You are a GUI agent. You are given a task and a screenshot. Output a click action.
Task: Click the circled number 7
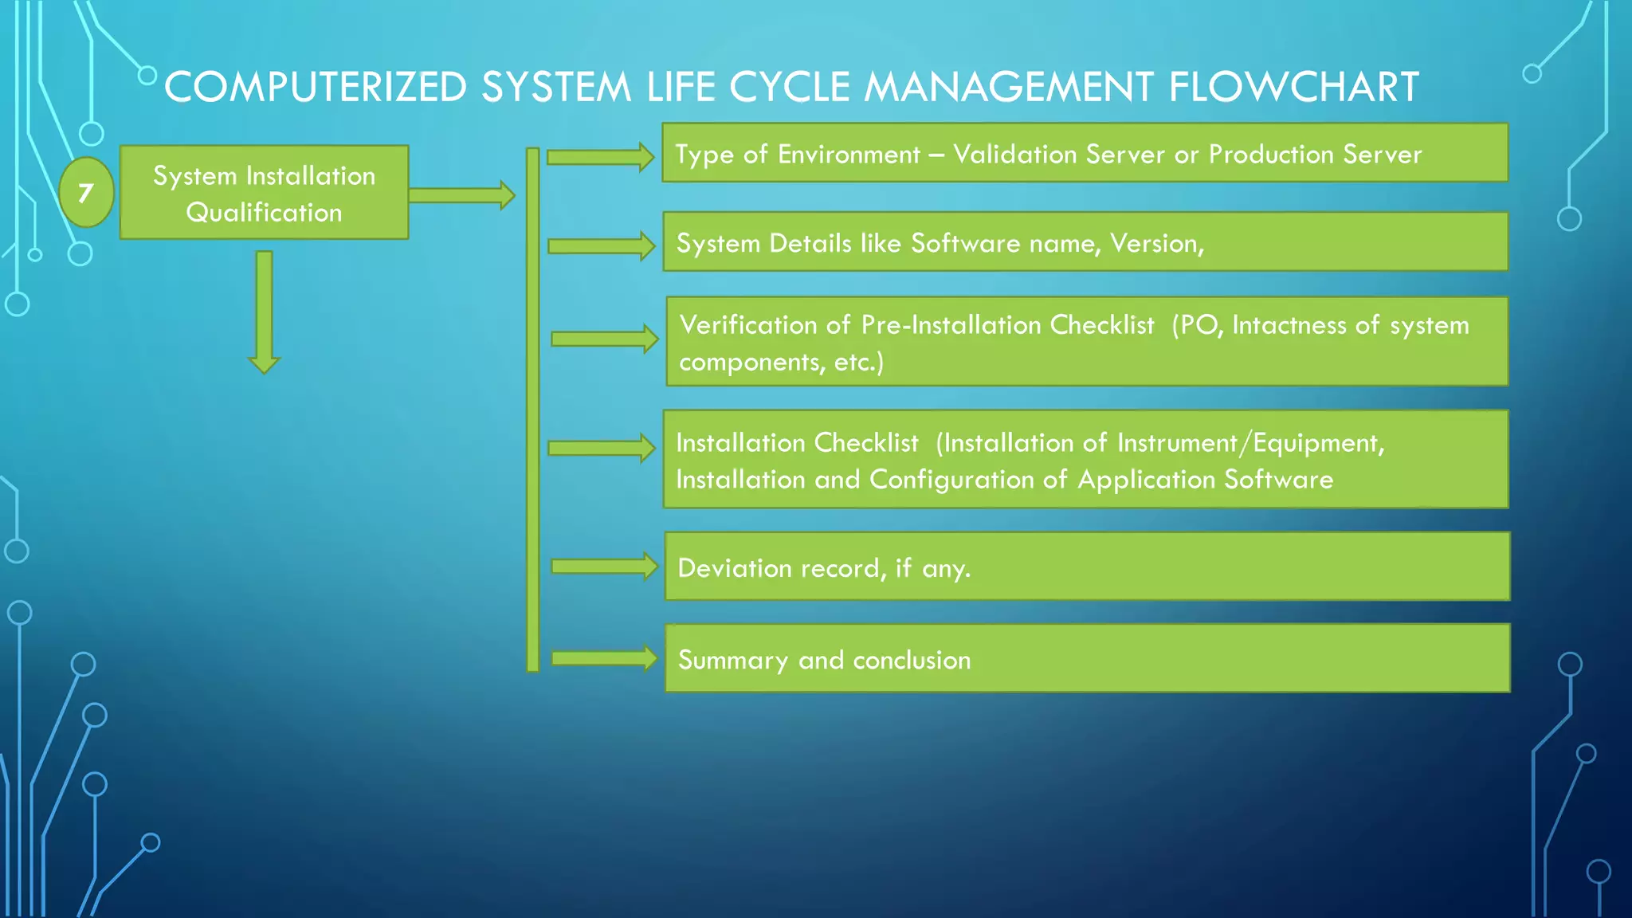tap(86, 193)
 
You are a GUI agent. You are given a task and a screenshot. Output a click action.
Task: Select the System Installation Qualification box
tap(264, 193)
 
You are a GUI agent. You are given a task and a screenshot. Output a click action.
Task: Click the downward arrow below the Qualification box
tap(265, 312)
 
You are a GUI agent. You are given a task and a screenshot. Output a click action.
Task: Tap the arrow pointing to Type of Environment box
tap(601, 157)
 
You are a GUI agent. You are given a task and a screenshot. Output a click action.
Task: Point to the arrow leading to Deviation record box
tap(605, 567)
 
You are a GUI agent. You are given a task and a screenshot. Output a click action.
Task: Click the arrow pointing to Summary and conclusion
tap(605, 658)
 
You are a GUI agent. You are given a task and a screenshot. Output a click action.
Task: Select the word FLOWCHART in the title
tap(1293, 87)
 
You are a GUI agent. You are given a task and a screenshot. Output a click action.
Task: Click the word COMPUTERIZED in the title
tap(316, 87)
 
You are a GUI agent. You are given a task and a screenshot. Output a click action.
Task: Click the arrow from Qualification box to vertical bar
tap(461, 195)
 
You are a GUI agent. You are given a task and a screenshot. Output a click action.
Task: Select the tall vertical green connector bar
tap(533, 410)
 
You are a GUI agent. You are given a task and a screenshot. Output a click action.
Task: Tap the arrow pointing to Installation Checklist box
tap(602, 448)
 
